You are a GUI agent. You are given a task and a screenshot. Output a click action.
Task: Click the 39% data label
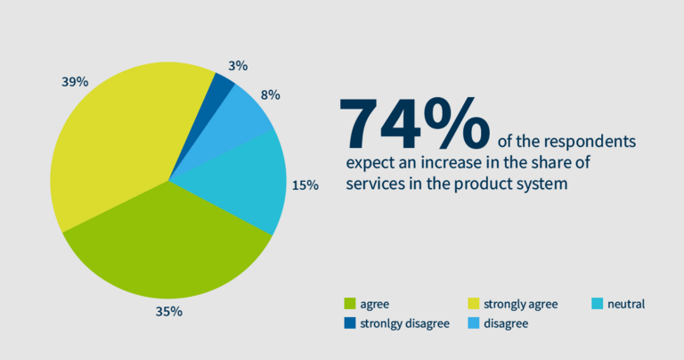tap(75, 81)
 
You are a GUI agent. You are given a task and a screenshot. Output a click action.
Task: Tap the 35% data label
tap(169, 311)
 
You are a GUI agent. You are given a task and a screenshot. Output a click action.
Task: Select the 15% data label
tap(305, 185)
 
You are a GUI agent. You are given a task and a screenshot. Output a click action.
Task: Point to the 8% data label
tap(271, 94)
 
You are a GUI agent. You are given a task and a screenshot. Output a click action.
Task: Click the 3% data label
tap(237, 65)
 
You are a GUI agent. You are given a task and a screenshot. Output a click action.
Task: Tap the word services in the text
tap(374, 184)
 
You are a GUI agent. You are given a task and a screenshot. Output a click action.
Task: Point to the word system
tap(542, 184)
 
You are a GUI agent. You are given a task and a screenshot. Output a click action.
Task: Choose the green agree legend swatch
tap(350, 304)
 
